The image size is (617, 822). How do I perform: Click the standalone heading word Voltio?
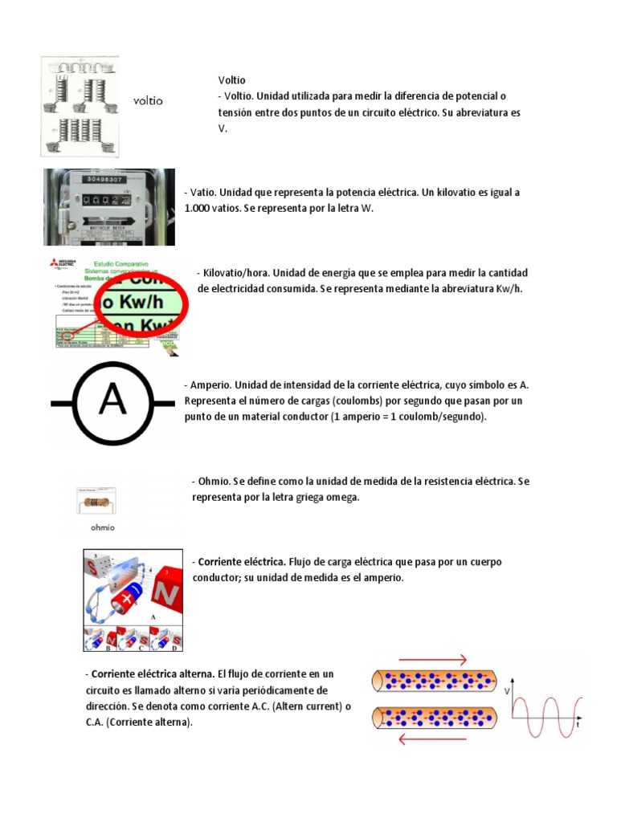pyautogui.click(x=231, y=80)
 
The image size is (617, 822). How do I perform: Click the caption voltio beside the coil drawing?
pyautogui.click(x=148, y=101)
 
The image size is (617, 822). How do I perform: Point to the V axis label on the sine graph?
pyautogui.click(x=506, y=690)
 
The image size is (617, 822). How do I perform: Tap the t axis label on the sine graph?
pyautogui.click(x=578, y=724)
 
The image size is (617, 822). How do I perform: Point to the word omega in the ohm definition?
pyautogui.click(x=341, y=498)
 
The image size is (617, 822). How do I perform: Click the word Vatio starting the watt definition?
pyautogui.click(x=201, y=193)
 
